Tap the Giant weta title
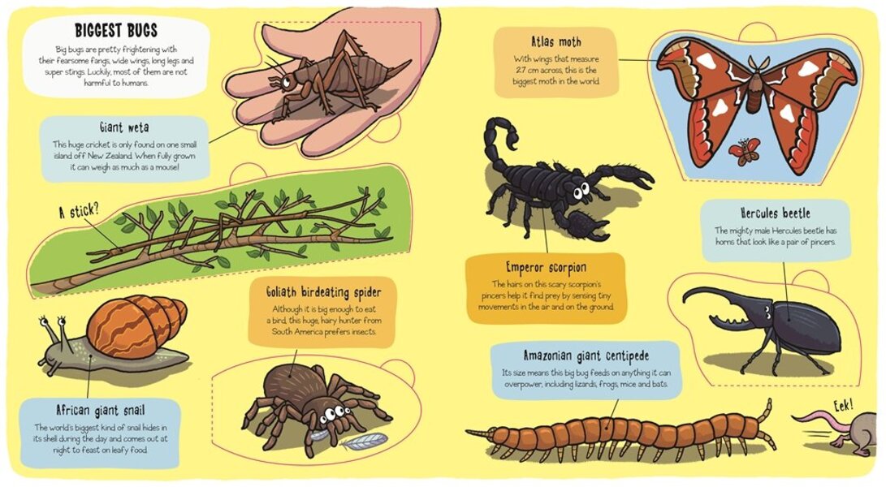point(123,127)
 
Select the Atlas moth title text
point(555,41)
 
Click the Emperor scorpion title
point(546,267)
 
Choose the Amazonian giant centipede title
point(586,356)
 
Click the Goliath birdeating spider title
point(323,291)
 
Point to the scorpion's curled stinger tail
point(497,135)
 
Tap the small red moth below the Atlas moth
point(744,150)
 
